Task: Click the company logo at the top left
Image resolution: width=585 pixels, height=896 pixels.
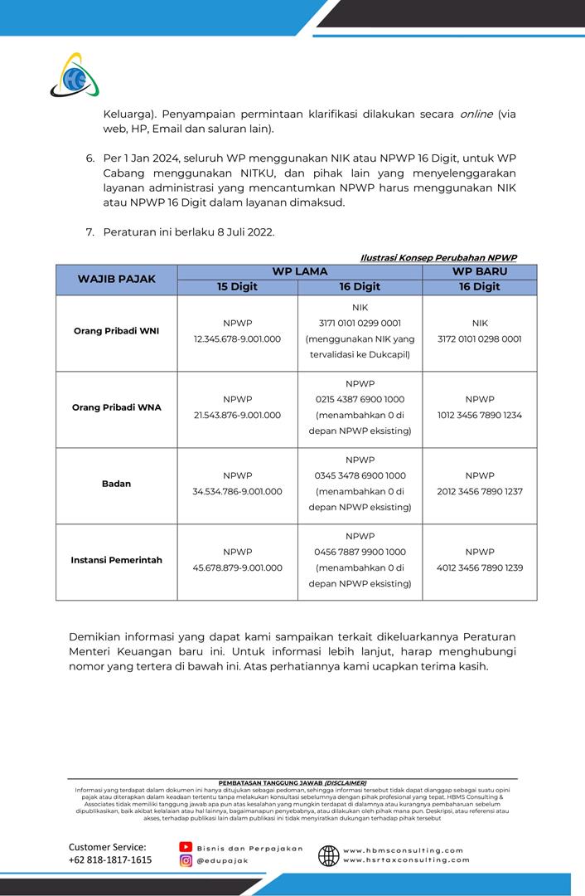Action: pyautogui.click(x=74, y=75)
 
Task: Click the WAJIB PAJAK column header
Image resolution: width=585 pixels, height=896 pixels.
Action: pyautogui.click(x=117, y=279)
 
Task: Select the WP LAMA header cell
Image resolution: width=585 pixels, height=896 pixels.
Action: pyautogui.click(x=299, y=271)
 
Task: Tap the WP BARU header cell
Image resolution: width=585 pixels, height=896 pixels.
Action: pyautogui.click(x=479, y=271)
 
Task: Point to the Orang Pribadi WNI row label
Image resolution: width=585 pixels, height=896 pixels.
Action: pyautogui.click(x=116, y=331)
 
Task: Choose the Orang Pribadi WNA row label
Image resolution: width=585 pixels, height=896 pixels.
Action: pyautogui.click(x=116, y=407)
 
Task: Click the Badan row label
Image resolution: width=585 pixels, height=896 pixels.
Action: pyautogui.click(x=116, y=484)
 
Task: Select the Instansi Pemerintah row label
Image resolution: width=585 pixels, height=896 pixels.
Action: pyautogui.click(x=116, y=560)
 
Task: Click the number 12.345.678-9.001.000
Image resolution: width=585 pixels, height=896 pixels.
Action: pyautogui.click(x=237, y=339)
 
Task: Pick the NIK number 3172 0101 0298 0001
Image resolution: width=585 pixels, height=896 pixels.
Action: pyautogui.click(x=479, y=339)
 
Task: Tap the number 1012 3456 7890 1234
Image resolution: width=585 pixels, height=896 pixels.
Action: pyautogui.click(x=479, y=416)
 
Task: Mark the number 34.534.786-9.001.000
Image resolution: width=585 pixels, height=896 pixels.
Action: pyautogui.click(x=237, y=492)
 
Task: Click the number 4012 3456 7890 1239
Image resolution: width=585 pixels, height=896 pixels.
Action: pyautogui.click(x=479, y=568)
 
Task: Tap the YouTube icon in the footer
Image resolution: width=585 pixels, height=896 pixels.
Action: pyautogui.click(x=186, y=847)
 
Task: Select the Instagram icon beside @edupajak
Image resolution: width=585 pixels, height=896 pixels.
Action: pyautogui.click(x=186, y=861)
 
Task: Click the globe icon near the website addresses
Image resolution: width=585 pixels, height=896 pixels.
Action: pyautogui.click(x=328, y=855)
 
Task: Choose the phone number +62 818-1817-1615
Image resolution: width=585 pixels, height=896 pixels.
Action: pyautogui.click(x=110, y=860)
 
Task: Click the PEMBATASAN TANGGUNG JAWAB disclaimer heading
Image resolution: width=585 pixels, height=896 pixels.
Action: pyautogui.click(x=292, y=782)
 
